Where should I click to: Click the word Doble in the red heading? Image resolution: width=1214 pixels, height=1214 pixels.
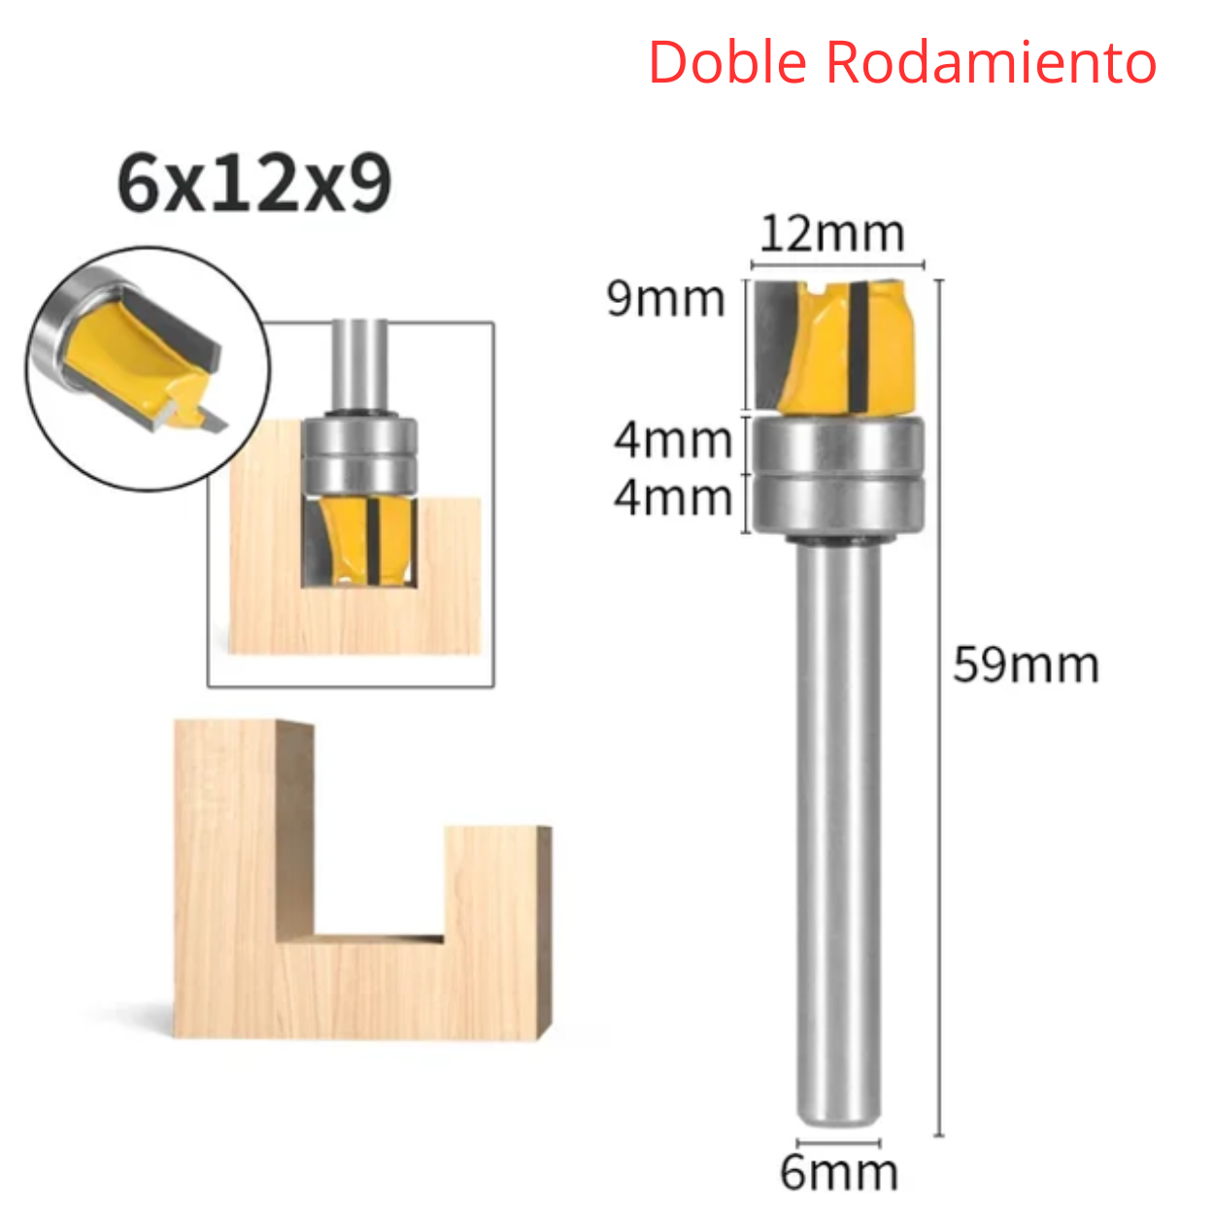pyautogui.click(x=727, y=63)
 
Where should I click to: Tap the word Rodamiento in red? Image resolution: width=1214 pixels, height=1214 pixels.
pyautogui.click(x=991, y=63)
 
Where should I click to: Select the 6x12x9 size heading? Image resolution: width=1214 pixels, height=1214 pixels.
pyautogui.click(x=254, y=185)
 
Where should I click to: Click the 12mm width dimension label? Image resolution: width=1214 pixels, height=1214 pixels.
pyautogui.click(x=831, y=234)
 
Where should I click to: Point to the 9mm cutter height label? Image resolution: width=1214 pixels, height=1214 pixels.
pyautogui.click(x=666, y=299)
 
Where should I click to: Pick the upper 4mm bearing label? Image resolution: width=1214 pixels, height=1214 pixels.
pyautogui.click(x=673, y=441)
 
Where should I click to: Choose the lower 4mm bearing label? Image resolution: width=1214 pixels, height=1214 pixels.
pyautogui.click(x=673, y=498)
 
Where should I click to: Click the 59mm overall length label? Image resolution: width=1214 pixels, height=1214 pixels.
pyautogui.click(x=1026, y=666)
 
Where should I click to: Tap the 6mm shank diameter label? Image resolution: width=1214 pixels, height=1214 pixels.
pyautogui.click(x=839, y=1173)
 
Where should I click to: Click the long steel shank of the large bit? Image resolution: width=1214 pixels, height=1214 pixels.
pyautogui.click(x=837, y=826)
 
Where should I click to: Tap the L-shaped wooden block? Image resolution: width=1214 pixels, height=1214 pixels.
pyautogui.click(x=359, y=981)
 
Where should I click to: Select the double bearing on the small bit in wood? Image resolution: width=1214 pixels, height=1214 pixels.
pyautogui.click(x=359, y=456)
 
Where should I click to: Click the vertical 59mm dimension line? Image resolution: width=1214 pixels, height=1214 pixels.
pyautogui.click(x=939, y=874)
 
